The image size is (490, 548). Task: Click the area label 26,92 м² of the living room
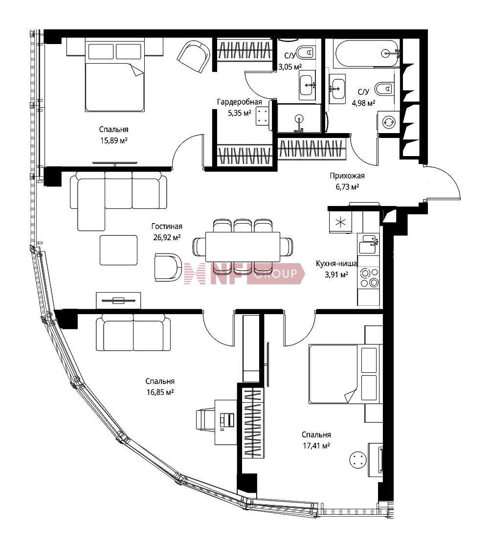point(167,238)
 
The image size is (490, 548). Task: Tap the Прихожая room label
point(347,176)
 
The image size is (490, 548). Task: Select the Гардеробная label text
point(240,102)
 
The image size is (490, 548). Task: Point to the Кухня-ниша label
point(336,264)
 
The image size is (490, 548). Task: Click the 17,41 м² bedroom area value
point(316,446)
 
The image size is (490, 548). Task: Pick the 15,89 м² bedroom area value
point(113,140)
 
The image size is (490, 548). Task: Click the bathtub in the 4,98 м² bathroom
point(366,53)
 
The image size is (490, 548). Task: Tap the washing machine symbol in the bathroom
point(388,122)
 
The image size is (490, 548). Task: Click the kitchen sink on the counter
point(368,244)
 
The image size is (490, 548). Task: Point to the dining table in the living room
point(243,247)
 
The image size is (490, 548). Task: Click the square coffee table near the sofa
point(118,250)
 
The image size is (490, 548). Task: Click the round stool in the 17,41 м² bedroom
point(357,460)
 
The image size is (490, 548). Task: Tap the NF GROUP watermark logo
point(244,274)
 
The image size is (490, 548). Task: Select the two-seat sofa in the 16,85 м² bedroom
point(134,332)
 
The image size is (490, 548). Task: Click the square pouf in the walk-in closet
point(263,116)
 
